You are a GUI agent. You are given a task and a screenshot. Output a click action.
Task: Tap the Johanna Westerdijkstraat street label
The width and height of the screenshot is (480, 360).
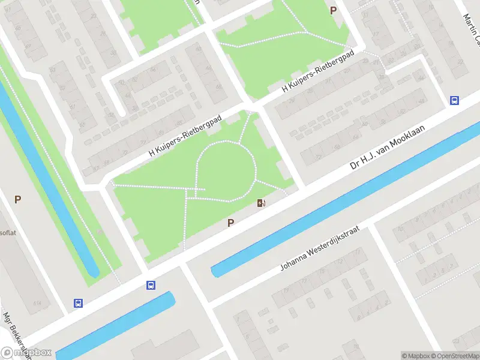click(319, 249)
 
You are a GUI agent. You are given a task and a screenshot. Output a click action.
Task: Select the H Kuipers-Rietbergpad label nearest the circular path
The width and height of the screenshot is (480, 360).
click(185, 137)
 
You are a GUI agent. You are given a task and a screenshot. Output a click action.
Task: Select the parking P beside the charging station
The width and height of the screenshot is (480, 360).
click(230, 223)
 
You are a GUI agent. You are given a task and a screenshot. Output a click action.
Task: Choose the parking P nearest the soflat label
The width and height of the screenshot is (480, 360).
click(18, 199)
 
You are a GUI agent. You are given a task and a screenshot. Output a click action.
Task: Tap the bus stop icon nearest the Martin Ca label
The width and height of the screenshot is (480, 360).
click(455, 101)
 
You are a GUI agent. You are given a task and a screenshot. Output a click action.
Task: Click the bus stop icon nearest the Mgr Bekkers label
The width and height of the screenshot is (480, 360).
click(78, 303)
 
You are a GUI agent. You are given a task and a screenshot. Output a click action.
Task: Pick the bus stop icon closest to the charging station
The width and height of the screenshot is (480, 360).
click(151, 286)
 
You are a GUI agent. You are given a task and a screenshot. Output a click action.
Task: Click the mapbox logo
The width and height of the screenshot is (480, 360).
click(26, 353)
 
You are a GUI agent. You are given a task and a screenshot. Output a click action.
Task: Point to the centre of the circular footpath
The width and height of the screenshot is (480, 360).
click(226, 170)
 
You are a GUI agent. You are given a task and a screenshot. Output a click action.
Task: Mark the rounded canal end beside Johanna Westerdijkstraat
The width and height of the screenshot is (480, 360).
click(215, 271)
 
